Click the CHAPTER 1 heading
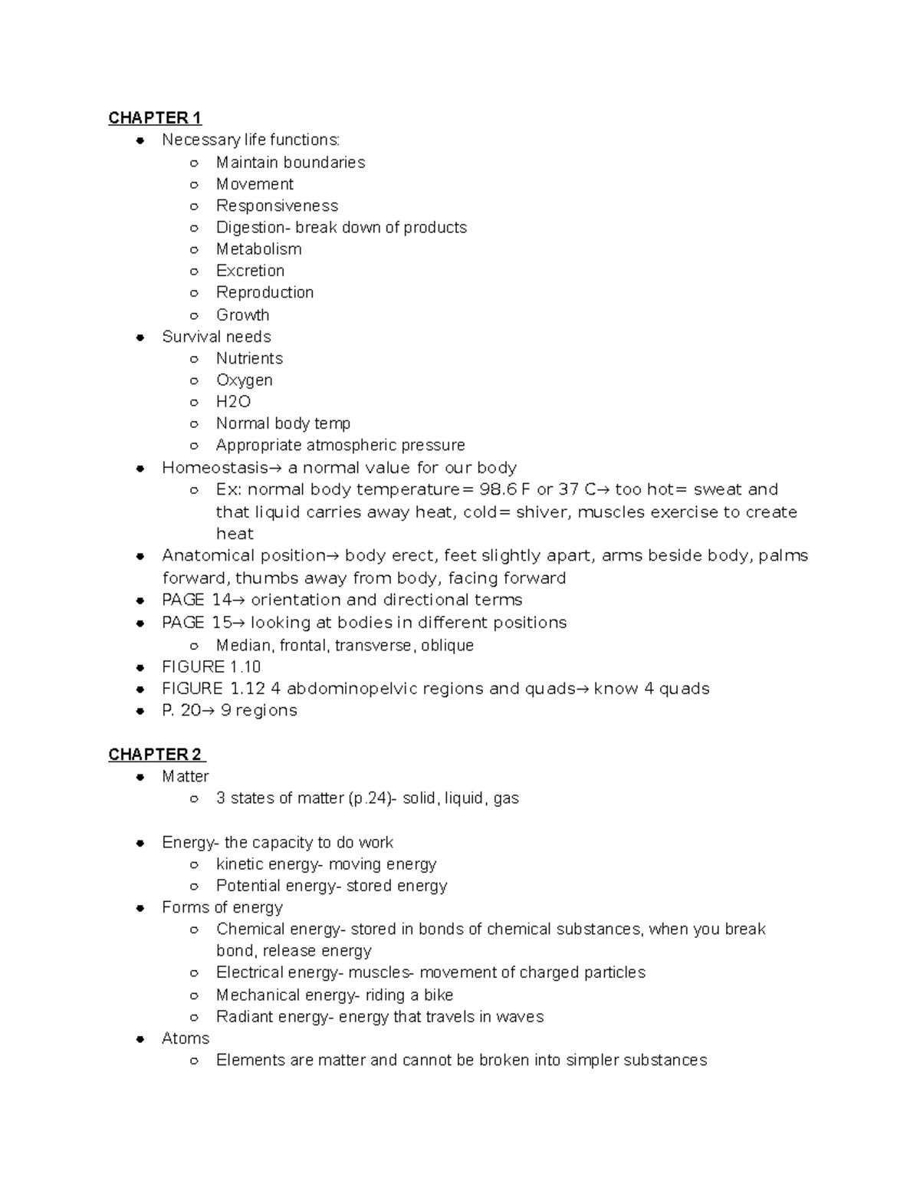click(x=155, y=118)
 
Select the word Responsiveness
click(x=277, y=206)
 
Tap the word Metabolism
click(x=258, y=249)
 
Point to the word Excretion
click(x=250, y=271)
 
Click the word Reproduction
click(x=264, y=292)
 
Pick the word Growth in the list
click(x=242, y=314)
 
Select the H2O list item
click(x=233, y=402)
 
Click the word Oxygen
click(x=244, y=380)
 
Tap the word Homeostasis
click(x=215, y=468)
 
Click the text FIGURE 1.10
click(x=212, y=666)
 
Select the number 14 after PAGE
click(x=222, y=600)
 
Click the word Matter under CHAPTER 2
click(x=186, y=776)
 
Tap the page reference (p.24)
click(x=369, y=798)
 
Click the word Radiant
click(x=245, y=1017)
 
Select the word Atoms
click(x=186, y=1038)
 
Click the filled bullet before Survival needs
click(x=140, y=337)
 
